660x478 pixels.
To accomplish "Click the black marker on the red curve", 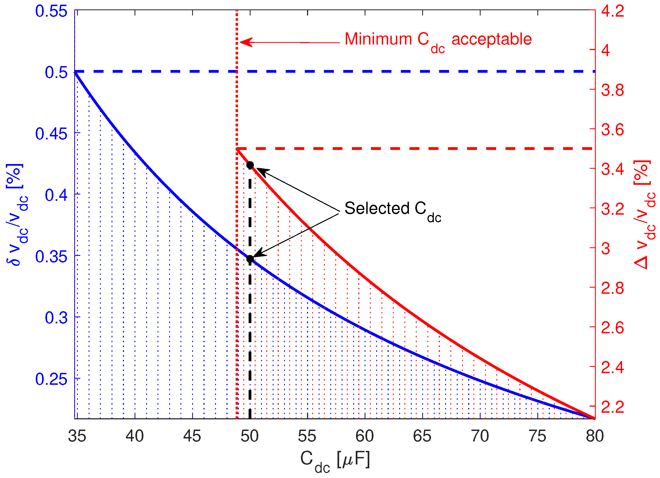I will [x=250, y=165].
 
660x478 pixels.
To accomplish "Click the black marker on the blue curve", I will [x=250, y=259].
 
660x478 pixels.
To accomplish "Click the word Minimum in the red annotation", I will [x=378, y=39].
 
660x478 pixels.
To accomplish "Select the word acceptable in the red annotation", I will [x=491, y=39].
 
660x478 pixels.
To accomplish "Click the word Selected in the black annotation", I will [x=377, y=208].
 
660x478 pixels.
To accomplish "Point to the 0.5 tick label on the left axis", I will [x=56, y=72].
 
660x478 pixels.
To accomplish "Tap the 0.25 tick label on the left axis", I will [x=51, y=379].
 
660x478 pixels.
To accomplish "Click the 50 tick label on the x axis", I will [x=250, y=436].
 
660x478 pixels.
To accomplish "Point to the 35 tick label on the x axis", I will [x=77, y=436].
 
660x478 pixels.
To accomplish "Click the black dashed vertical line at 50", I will [x=250, y=349].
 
